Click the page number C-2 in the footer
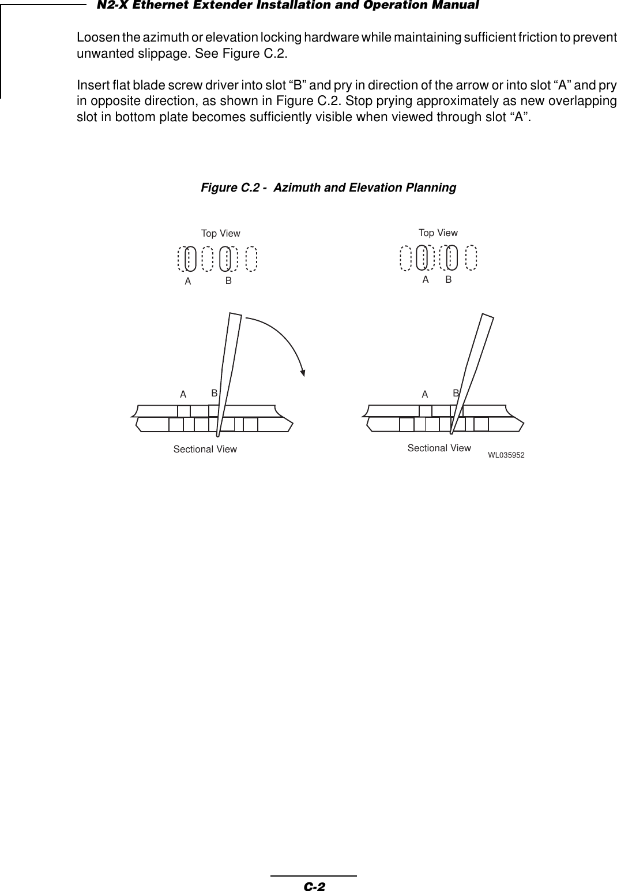314,886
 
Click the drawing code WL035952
506,455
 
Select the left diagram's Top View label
220,234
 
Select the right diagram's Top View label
438,233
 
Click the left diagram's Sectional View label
205,449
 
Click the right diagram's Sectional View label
439,448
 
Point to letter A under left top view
187,282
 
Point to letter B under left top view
228,281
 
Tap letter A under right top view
426,279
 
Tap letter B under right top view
448,279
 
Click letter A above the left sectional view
183,395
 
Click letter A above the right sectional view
424,395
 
